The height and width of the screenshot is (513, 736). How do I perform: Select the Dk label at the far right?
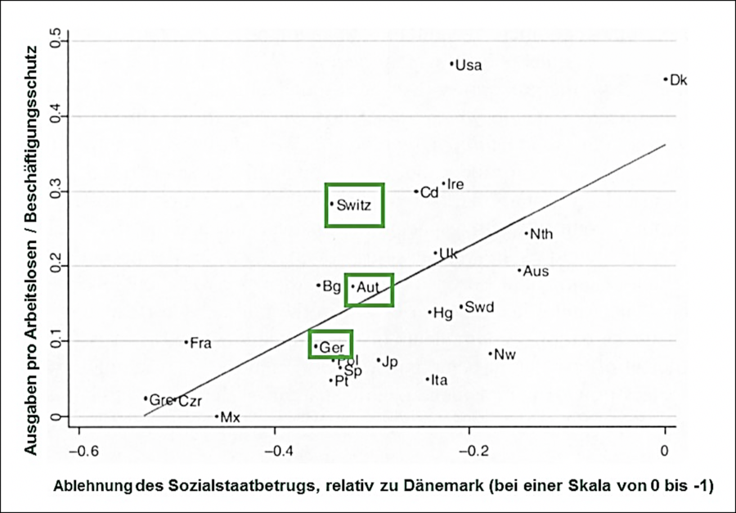point(679,80)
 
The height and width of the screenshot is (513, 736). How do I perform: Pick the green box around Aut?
point(369,290)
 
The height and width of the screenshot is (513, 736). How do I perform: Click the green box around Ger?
point(331,344)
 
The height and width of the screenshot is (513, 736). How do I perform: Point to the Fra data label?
point(200,343)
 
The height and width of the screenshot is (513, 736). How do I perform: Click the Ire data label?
point(456,185)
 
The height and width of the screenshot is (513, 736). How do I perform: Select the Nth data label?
point(541,234)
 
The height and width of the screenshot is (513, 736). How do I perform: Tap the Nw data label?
point(505,355)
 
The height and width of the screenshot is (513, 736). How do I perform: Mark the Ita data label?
point(439,380)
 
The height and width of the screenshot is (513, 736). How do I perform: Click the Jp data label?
point(389,362)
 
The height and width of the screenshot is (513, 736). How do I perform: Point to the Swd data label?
point(479,308)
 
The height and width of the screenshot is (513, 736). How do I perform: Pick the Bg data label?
point(331,286)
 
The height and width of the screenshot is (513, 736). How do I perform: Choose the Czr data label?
point(190,401)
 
